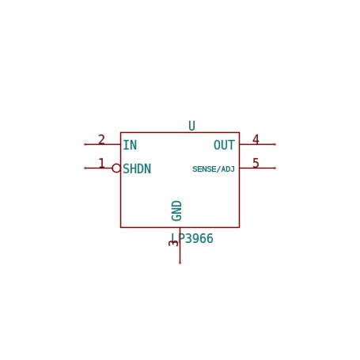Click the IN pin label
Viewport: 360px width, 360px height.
[x=130, y=145]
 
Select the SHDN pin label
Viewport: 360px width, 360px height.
[x=137, y=169]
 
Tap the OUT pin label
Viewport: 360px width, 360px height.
[x=224, y=145]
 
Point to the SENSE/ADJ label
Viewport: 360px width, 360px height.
[x=214, y=169]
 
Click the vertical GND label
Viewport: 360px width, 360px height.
[x=176, y=210]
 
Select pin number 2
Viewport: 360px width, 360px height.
[x=101, y=139]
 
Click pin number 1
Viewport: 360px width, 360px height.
[x=101, y=163]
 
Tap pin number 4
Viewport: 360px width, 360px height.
[x=256, y=139]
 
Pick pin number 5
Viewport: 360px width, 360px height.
[x=256, y=163]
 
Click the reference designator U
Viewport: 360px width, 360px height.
[x=191, y=126]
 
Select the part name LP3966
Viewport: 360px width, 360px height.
[x=192, y=238]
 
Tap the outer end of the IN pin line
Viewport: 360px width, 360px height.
[x=85, y=144]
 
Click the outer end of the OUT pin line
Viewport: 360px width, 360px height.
[x=275, y=144]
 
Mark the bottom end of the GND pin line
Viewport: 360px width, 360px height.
[x=180, y=263]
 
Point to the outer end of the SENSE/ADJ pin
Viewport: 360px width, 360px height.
[x=275, y=168]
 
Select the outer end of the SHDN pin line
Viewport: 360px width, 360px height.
[x=85, y=168]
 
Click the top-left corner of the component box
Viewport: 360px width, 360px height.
[x=120, y=132]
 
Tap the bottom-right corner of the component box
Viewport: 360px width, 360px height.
[x=239, y=227]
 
